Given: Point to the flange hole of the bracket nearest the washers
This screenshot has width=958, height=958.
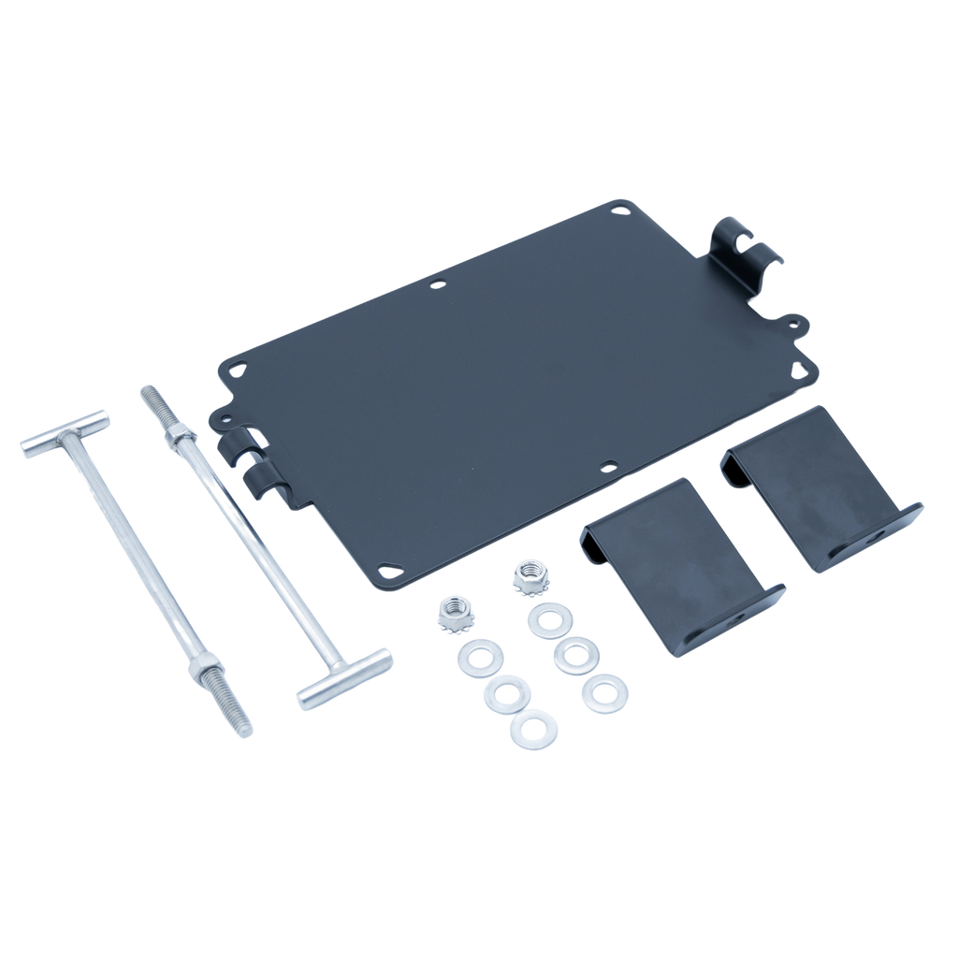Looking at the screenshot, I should [x=741, y=617].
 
